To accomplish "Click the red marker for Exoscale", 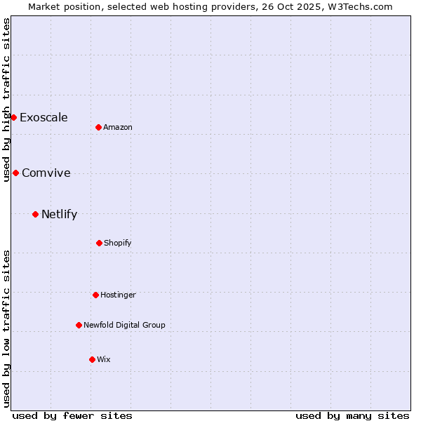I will [x=13, y=117].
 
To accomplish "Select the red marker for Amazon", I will [x=98, y=127].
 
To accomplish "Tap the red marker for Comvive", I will [x=15, y=173].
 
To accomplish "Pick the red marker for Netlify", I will [x=35, y=214].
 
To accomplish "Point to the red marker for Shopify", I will [x=99, y=243].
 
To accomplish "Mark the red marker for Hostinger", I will [x=95, y=295].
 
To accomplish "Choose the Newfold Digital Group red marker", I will [x=79, y=325].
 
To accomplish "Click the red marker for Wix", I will [x=92, y=359].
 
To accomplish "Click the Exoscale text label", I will [x=44, y=117].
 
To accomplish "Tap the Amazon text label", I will [x=118, y=127].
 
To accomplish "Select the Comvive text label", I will [x=46, y=173].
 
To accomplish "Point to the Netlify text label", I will [x=59, y=214].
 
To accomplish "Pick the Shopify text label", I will [x=118, y=243].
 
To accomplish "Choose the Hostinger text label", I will [x=118, y=295].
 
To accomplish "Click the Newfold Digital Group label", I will [x=124, y=325].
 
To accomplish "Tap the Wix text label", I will [x=104, y=359].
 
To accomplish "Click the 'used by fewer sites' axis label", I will [x=72, y=415].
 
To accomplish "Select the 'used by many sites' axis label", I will [x=352, y=415].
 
